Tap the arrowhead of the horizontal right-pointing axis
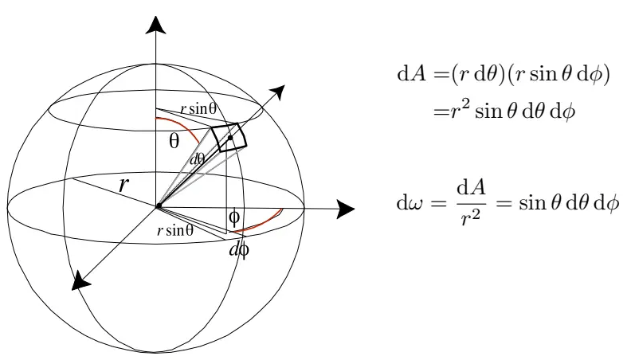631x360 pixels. [x=345, y=209]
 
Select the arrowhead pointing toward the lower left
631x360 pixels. [x=81, y=280]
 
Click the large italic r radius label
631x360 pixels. [x=124, y=185]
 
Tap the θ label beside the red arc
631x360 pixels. [x=174, y=141]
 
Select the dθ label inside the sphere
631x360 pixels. [x=198, y=159]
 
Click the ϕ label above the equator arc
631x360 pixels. [x=233, y=217]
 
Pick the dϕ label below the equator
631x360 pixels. [x=239, y=250]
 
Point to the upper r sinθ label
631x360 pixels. [x=198, y=108]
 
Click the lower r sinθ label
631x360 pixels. [x=175, y=230]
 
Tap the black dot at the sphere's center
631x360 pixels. [x=159, y=206]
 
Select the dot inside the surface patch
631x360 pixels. [x=230, y=138]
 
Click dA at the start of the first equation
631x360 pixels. [x=411, y=74]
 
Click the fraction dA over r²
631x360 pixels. [x=471, y=204]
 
